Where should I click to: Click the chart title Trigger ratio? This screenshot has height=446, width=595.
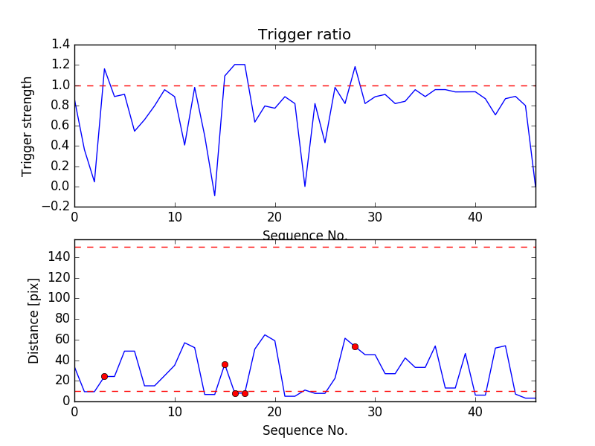pos(304,35)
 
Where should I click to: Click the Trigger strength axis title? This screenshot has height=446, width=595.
pos(28,126)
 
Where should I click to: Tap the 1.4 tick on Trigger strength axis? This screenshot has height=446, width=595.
pos(61,45)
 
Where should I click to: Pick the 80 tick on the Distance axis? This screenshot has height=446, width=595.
pos(62,319)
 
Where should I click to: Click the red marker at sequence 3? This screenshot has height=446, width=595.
pos(104,376)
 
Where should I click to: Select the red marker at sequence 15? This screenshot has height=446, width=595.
pos(225,364)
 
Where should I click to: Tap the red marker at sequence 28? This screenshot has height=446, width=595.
pos(355,346)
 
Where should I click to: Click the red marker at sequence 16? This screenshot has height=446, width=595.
pos(235,393)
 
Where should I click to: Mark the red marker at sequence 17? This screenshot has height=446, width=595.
pos(245,393)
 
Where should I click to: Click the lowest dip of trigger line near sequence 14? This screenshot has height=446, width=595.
pos(215,195)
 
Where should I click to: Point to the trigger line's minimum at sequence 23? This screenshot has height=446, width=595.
pos(305,186)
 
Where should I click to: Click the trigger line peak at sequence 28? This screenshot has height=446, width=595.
pos(355,67)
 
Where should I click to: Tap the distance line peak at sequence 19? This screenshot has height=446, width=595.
pos(265,335)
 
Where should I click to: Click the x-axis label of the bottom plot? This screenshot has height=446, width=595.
pos(304,430)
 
